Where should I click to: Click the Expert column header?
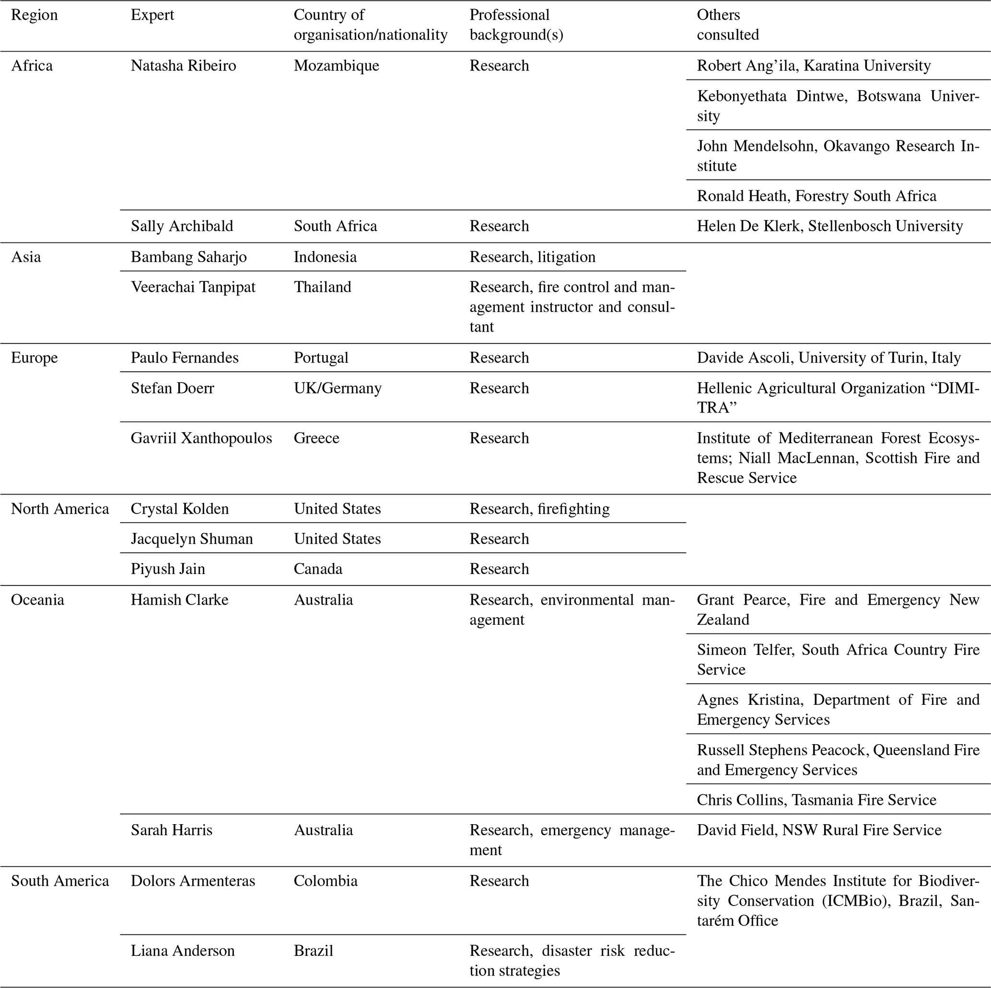click(x=152, y=15)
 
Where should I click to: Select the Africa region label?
click(x=32, y=66)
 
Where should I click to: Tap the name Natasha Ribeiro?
click(x=183, y=66)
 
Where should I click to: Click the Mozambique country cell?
click(x=336, y=66)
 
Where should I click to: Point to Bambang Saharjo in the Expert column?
click(x=188, y=257)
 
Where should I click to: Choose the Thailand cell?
click(x=322, y=287)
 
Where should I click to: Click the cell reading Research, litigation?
click(x=533, y=257)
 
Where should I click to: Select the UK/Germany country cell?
click(x=338, y=388)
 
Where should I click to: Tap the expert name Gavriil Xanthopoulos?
click(x=201, y=438)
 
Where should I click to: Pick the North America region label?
click(x=60, y=508)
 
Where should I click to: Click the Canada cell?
click(x=317, y=569)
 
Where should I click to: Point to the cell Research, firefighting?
click(x=540, y=508)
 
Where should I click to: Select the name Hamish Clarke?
click(x=179, y=599)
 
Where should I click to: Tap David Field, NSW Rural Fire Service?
click(x=819, y=830)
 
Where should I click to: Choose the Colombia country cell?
click(x=325, y=881)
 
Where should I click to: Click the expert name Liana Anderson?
click(x=183, y=951)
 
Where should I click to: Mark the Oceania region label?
click(x=37, y=599)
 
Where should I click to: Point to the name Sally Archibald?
click(x=182, y=226)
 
